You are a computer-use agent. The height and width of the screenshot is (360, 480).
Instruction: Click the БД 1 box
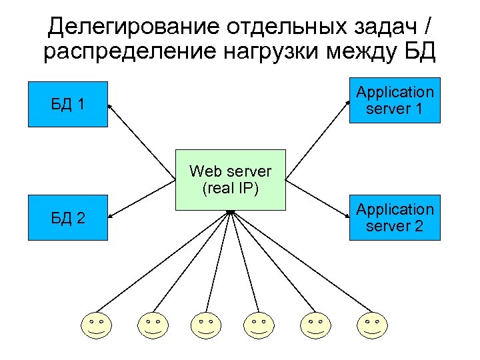click(67, 104)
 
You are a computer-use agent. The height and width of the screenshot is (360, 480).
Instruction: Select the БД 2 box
click(67, 218)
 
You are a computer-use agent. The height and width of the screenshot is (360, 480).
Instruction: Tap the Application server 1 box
click(395, 101)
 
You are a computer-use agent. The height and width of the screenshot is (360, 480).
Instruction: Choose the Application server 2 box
click(395, 218)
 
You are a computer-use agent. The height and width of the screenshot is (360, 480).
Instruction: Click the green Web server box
click(230, 179)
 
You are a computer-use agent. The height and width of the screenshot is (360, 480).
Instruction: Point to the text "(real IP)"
click(230, 188)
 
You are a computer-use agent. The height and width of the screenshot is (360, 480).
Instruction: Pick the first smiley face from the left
click(97, 325)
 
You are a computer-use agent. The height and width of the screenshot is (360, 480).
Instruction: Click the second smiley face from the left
click(153, 325)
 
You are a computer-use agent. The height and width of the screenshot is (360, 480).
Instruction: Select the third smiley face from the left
click(205, 325)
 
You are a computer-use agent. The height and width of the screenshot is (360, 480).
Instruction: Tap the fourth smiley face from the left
click(258, 325)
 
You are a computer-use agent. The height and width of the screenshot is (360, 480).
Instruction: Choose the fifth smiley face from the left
click(315, 325)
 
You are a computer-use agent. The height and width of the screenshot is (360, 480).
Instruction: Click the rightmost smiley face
click(371, 325)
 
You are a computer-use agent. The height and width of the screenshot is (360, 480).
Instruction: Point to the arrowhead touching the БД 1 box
click(111, 106)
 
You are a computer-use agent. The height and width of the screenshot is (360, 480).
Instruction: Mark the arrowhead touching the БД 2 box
click(111, 215)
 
